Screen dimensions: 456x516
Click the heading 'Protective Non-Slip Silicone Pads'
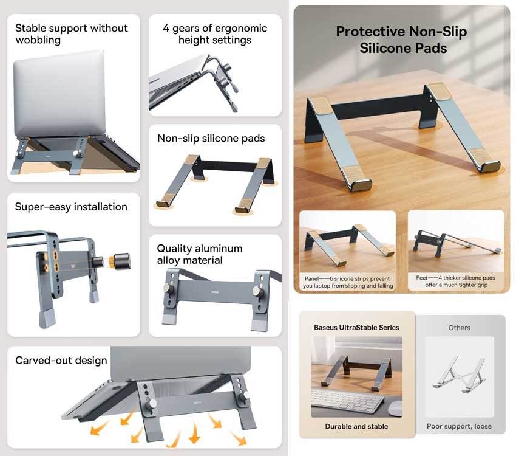pos(401,40)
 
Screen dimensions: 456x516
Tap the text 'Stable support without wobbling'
pos(72,34)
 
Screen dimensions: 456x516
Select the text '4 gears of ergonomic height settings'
pos(215,34)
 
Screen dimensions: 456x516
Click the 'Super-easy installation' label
pos(71,207)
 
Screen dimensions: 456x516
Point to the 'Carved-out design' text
pos(61,361)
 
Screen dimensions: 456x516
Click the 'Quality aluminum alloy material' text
pos(200,254)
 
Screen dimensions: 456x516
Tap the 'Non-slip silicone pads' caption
pos(211,139)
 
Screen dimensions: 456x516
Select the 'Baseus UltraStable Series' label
pos(356,327)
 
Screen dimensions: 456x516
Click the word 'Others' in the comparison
pos(459,328)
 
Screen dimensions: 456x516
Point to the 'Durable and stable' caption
pos(356,427)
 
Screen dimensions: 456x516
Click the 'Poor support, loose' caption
pos(459,427)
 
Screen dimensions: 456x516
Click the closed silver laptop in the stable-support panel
pos(52,97)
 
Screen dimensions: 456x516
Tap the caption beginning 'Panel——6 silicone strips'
pos(348,282)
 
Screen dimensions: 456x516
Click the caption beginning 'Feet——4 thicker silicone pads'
pos(456,282)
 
